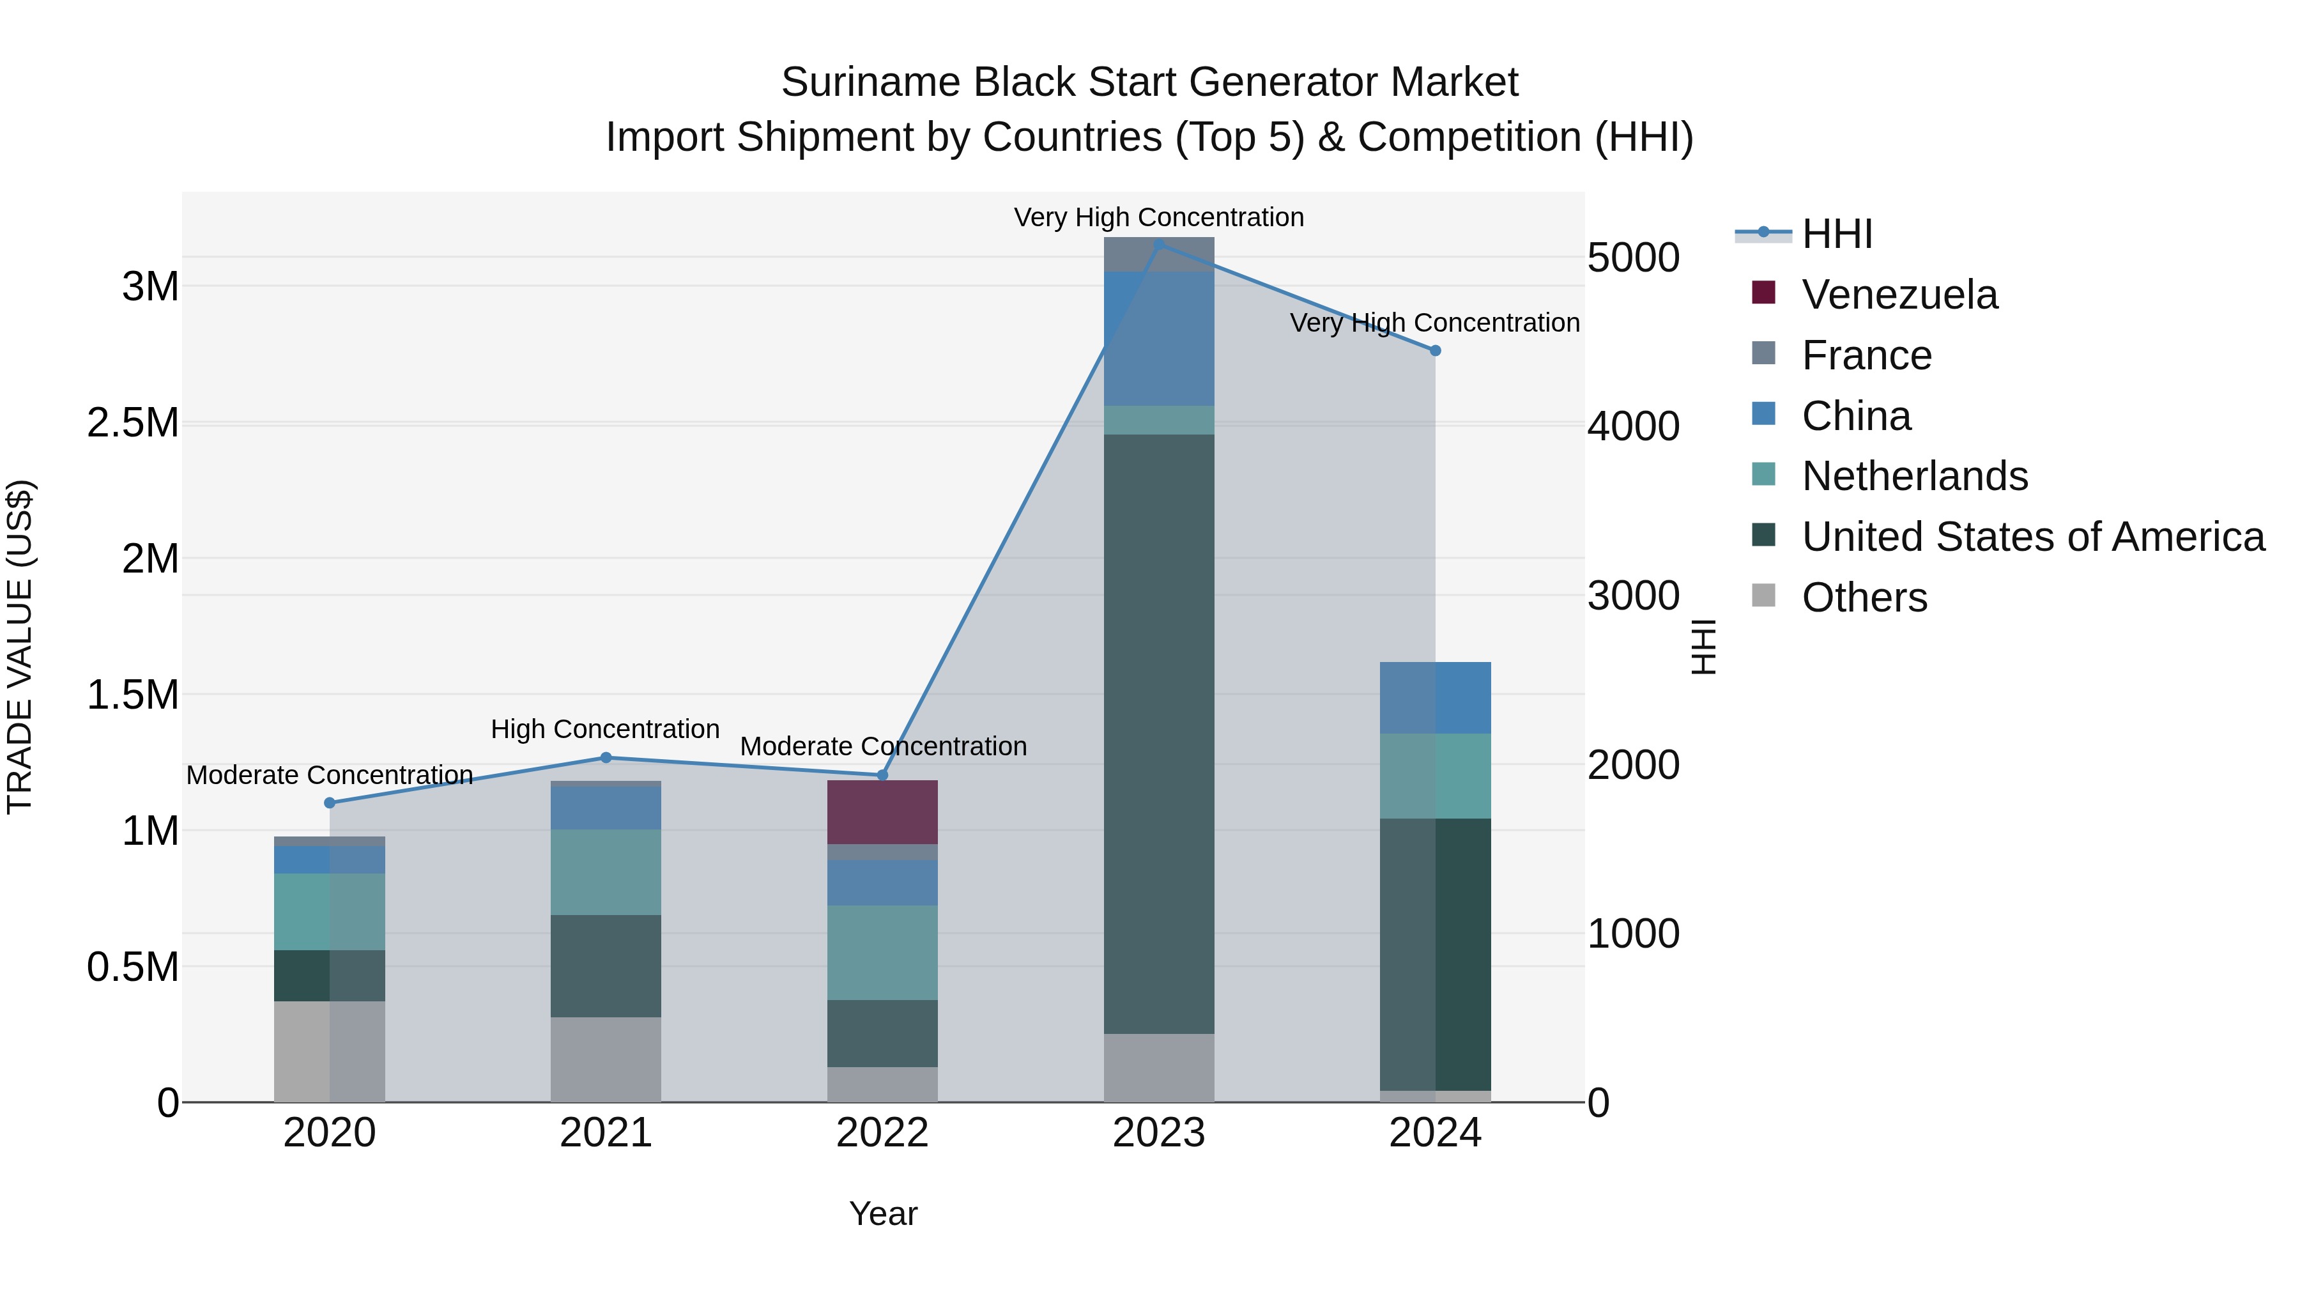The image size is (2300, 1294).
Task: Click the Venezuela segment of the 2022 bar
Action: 882,812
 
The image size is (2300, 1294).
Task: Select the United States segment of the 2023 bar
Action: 1159,733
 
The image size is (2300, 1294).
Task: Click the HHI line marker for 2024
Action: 1436,351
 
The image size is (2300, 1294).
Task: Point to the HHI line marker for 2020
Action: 330,803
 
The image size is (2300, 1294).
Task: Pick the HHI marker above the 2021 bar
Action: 606,758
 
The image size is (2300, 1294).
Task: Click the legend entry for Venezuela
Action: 1899,295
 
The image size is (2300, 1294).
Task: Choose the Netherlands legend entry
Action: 1914,476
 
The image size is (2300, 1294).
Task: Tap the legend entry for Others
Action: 1864,597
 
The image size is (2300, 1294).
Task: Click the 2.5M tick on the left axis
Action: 133,423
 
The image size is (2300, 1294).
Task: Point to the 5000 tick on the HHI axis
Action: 1633,258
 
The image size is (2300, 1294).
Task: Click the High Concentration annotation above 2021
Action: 606,730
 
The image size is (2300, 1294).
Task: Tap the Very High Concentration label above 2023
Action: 1159,218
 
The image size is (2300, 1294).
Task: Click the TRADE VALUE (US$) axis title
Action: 20,647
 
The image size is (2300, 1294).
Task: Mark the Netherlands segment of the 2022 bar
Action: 882,953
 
